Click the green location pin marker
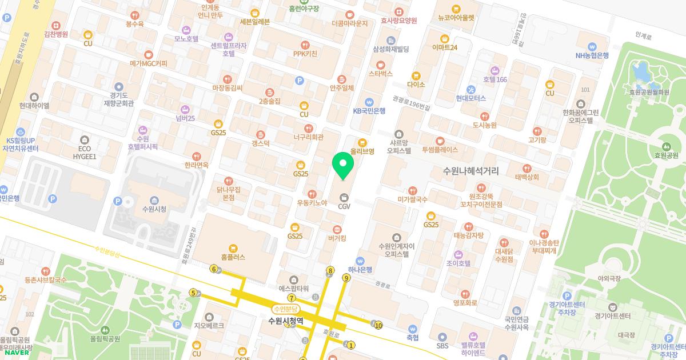[x=343, y=166]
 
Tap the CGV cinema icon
[x=344, y=197]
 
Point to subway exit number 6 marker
[x=214, y=269]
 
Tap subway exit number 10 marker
[x=378, y=326]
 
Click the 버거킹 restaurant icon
[x=337, y=229]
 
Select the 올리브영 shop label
[x=362, y=151]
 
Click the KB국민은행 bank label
[x=369, y=111]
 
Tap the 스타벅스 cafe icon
[x=381, y=65]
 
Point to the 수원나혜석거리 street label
[x=470, y=171]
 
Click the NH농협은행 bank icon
[x=592, y=47]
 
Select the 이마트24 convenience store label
[x=445, y=47]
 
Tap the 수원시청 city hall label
[x=154, y=209]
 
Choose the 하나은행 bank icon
[x=360, y=261]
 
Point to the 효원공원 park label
[x=667, y=155]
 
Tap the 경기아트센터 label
[x=612, y=315]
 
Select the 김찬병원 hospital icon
[x=56, y=25]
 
